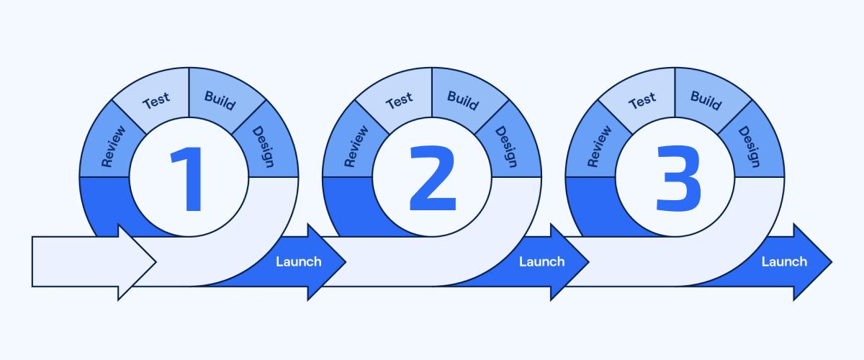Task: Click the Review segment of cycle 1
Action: pos(112,146)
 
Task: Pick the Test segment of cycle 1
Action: pos(156,102)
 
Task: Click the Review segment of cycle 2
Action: pos(356,146)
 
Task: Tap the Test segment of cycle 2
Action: pos(399,102)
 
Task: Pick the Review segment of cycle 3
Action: pos(599,146)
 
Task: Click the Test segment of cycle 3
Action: pos(642,102)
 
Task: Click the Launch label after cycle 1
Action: pos(299,261)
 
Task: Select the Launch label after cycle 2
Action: pos(541,261)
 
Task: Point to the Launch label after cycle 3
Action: pos(784,261)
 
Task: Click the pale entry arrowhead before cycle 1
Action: pos(137,261)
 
